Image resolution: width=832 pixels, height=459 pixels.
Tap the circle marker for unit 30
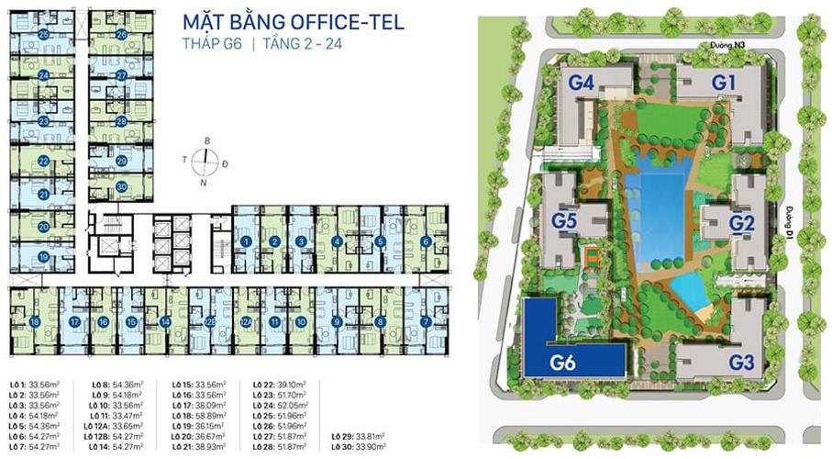click(x=122, y=186)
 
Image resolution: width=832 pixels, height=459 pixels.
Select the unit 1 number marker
click(x=246, y=241)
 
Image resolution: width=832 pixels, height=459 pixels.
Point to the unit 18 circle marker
click(x=34, y=322)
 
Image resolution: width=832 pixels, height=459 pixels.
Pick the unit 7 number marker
click(x=426, y=322)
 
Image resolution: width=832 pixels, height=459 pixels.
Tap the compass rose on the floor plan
click(x=207, y=162)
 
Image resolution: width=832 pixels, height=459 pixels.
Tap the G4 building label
click(x=582, y=83)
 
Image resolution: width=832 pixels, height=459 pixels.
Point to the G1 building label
click(x=726, y=83)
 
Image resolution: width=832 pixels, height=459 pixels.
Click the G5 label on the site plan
click(x=564, y=221)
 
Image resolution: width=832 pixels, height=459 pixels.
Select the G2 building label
click(x=741, y=222)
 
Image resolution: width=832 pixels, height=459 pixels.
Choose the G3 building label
click(x=741, y=362)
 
